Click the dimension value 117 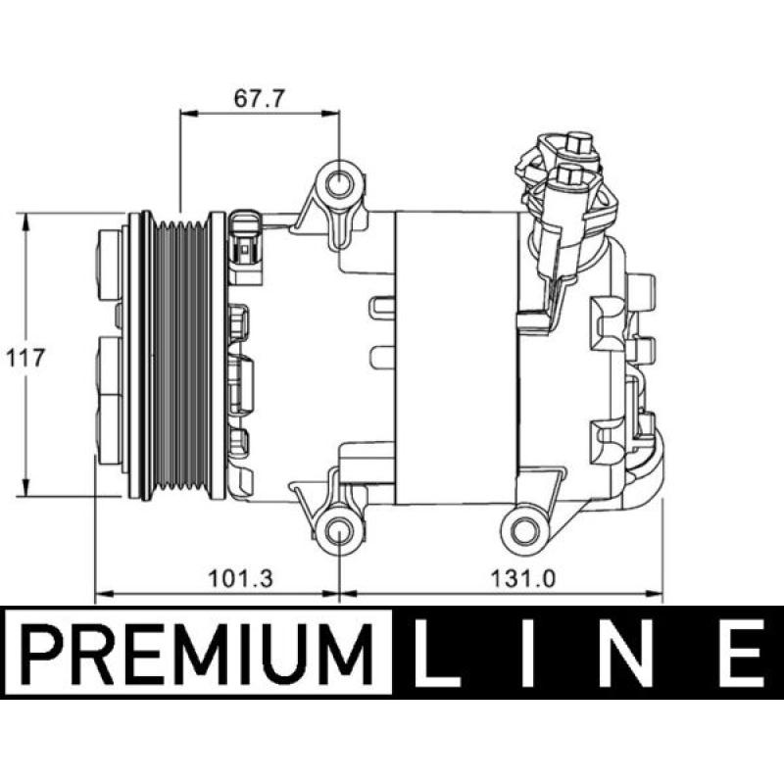[25, 358]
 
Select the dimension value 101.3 [241, 578]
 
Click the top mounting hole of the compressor [340, 183]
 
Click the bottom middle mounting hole [339, 533]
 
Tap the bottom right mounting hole [524, 530]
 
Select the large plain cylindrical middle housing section [455, 358]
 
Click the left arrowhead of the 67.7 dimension [186, 116]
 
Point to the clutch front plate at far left [111, 358]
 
